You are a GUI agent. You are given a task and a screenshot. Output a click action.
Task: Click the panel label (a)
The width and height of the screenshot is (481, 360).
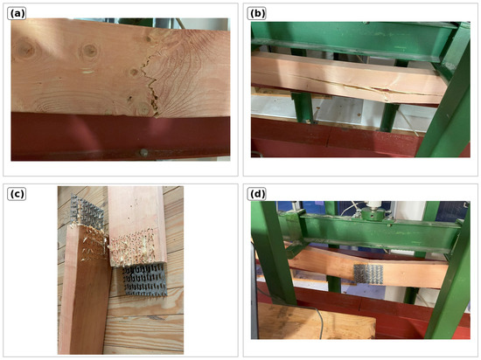17,14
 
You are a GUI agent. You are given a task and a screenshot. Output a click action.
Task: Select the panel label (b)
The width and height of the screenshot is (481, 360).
257,14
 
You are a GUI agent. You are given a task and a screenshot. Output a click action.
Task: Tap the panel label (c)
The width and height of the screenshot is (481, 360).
17,194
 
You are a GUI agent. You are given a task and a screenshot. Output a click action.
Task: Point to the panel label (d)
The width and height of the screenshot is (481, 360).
257,194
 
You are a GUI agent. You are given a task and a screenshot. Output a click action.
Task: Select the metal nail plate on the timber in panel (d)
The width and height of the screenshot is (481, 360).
368,273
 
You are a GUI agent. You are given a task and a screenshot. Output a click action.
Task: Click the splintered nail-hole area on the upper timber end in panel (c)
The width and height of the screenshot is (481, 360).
133,247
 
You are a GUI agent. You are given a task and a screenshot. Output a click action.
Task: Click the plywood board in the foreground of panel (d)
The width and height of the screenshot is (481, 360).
316,321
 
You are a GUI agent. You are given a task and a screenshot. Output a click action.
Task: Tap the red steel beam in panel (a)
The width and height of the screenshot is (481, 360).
121,136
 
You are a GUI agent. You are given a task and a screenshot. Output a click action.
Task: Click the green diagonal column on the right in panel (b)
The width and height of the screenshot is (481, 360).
446,98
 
